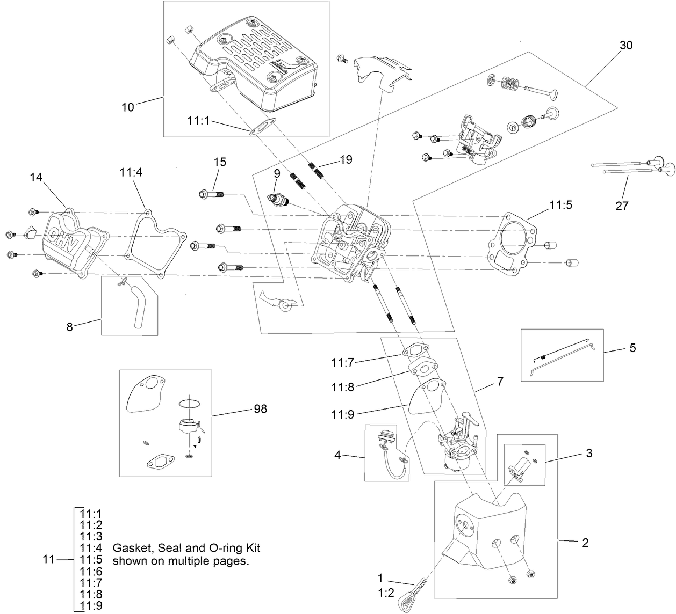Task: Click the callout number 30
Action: [x=626, y=45]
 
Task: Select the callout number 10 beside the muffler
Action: [x=127, y=107]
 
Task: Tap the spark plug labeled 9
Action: [x=279, y=201]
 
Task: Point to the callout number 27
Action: [x=622, y=205]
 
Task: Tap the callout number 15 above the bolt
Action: [x=220, y=162]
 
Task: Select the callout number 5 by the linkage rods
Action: [x=632, y=348]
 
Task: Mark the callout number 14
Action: [x=36, y=178]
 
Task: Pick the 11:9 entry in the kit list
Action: [x=91, y=606]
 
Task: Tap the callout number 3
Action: [x=589, y=453]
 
